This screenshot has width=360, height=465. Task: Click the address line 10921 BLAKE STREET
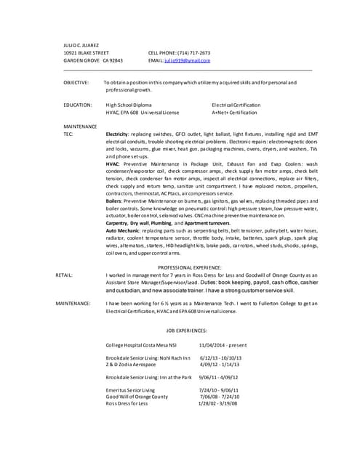coord(87,53)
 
